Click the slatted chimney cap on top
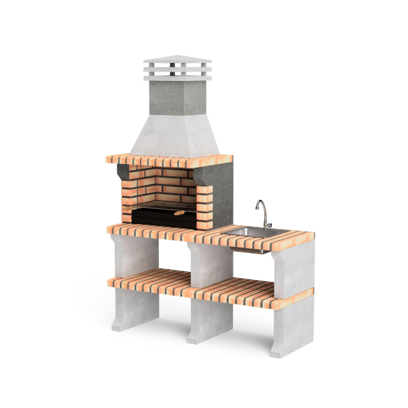(178, 69)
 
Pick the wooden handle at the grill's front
(180, 213)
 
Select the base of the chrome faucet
(267, 226)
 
